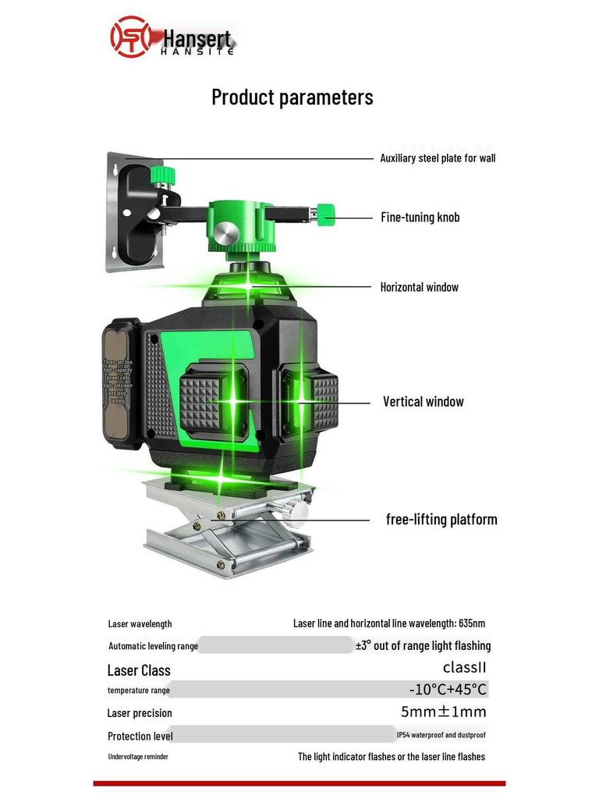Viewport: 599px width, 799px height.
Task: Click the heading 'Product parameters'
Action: point(292,98)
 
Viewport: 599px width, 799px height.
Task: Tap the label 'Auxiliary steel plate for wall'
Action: point(438,158)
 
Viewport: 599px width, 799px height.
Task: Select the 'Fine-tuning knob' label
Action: point(420,218)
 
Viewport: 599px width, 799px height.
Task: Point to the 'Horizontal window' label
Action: point(419,287)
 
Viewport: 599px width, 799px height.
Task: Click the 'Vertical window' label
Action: point(423,402)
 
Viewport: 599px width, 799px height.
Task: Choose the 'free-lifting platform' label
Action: point(441,520)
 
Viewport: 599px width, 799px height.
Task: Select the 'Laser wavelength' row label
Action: point(140,624)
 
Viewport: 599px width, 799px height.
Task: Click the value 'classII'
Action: point(464,668)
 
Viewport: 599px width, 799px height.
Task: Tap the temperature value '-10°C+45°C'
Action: point(448,690)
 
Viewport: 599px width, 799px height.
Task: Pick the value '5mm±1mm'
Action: point(443,712)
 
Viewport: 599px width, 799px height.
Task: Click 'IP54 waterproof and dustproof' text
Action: point(441,735)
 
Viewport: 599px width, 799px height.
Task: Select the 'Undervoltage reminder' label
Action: point(138,757)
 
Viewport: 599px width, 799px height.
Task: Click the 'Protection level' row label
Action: point(140,736)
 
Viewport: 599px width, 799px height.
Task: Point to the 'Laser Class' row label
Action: point(138,670)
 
